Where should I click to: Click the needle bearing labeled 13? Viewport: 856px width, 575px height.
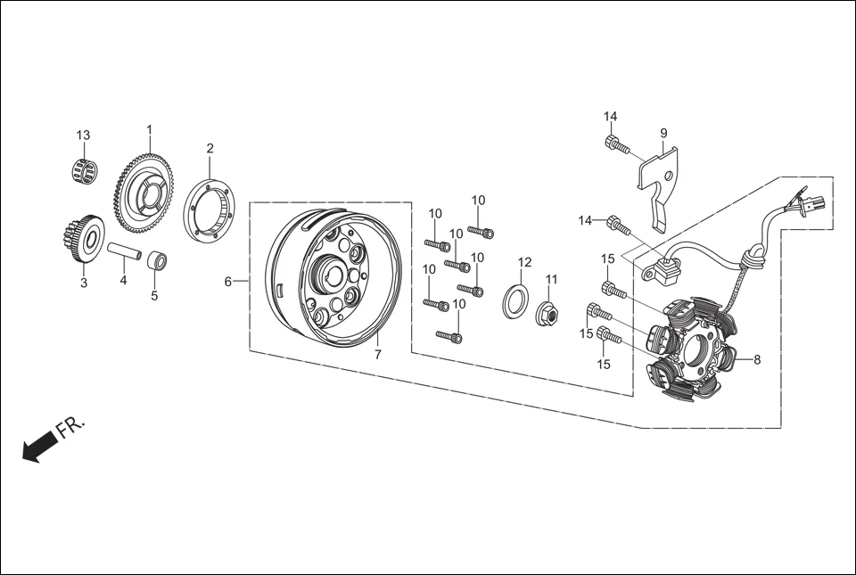coord(84,171)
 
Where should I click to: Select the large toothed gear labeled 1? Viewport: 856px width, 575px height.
coord(144,193)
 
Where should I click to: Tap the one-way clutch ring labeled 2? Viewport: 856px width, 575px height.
coord(209,210)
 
